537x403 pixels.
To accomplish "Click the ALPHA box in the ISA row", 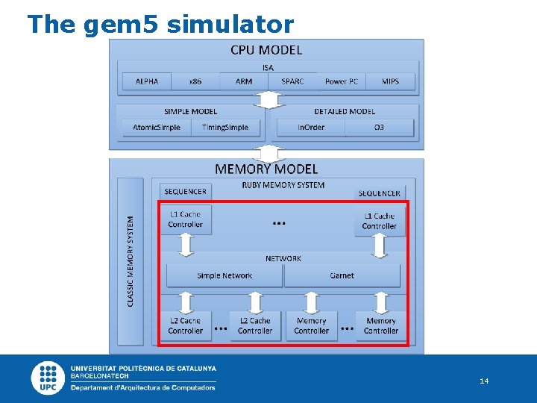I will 147,81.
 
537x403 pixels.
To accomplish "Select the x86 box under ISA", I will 195,81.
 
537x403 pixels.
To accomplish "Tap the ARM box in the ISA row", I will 244,81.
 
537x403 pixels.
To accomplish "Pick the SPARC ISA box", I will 292,81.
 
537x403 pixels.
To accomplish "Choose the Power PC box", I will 342,81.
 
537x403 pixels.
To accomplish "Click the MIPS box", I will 390,81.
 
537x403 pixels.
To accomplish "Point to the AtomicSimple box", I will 157,128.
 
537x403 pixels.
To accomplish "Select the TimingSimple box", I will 225,128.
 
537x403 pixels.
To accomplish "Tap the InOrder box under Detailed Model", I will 311,128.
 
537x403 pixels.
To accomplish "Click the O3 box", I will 379,128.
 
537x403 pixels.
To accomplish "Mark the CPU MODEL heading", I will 266,50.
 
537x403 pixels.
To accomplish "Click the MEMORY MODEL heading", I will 266,169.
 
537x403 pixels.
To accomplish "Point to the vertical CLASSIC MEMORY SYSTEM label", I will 131,260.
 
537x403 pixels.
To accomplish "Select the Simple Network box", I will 224,275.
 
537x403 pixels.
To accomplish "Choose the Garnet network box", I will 342,275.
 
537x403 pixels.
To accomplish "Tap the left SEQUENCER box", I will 185,192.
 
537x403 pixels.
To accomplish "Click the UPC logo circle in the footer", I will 48,378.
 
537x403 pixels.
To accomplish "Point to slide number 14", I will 484,381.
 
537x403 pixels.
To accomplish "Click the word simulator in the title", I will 230,25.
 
